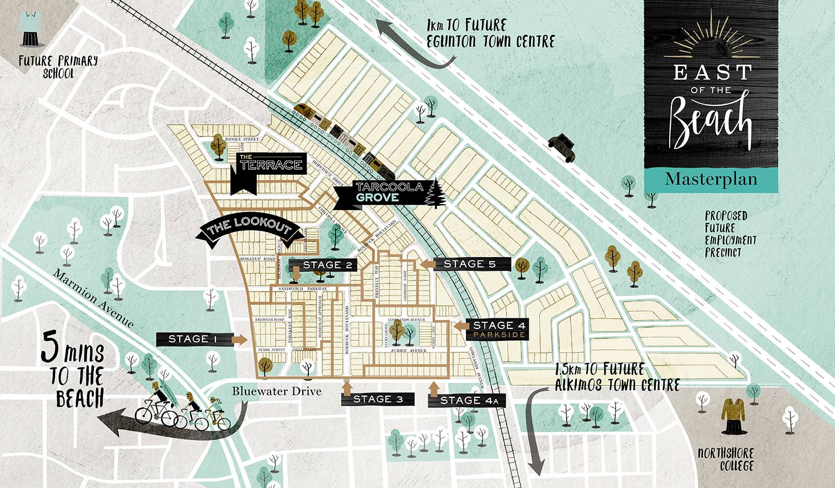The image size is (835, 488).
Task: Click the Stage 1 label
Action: (x=192, y=339)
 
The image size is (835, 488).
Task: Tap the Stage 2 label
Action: (x=326, y=265)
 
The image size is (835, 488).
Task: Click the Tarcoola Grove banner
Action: (x=381, y=193)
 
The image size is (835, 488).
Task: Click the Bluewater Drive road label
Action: (x=277, y=391)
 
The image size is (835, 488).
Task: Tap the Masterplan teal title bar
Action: (x=711, y=179)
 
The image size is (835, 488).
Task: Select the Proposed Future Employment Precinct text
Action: (x=730, y=234)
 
